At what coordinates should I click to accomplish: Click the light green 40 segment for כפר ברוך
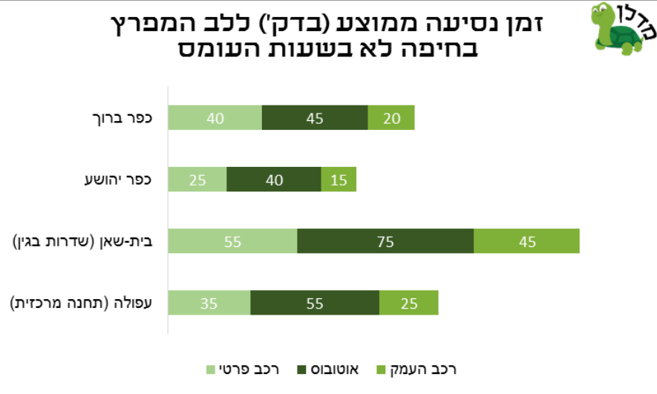215,118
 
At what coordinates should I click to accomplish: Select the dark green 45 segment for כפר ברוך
315,118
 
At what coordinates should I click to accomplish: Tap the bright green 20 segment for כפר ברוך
390,118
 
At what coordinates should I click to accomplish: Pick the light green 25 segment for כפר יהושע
197,180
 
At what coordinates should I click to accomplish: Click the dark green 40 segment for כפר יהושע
273,180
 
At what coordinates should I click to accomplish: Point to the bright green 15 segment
339,180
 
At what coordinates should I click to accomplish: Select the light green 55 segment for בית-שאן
232,242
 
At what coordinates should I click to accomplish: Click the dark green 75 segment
385,242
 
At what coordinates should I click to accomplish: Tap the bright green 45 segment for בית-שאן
526,242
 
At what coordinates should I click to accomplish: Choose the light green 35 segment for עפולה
209,303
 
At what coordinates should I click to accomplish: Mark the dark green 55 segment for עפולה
315,303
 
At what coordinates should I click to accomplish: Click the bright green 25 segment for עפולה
408,303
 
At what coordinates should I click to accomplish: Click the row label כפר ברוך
123,117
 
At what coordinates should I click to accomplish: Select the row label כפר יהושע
119,180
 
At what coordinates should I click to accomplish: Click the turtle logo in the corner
618,29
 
